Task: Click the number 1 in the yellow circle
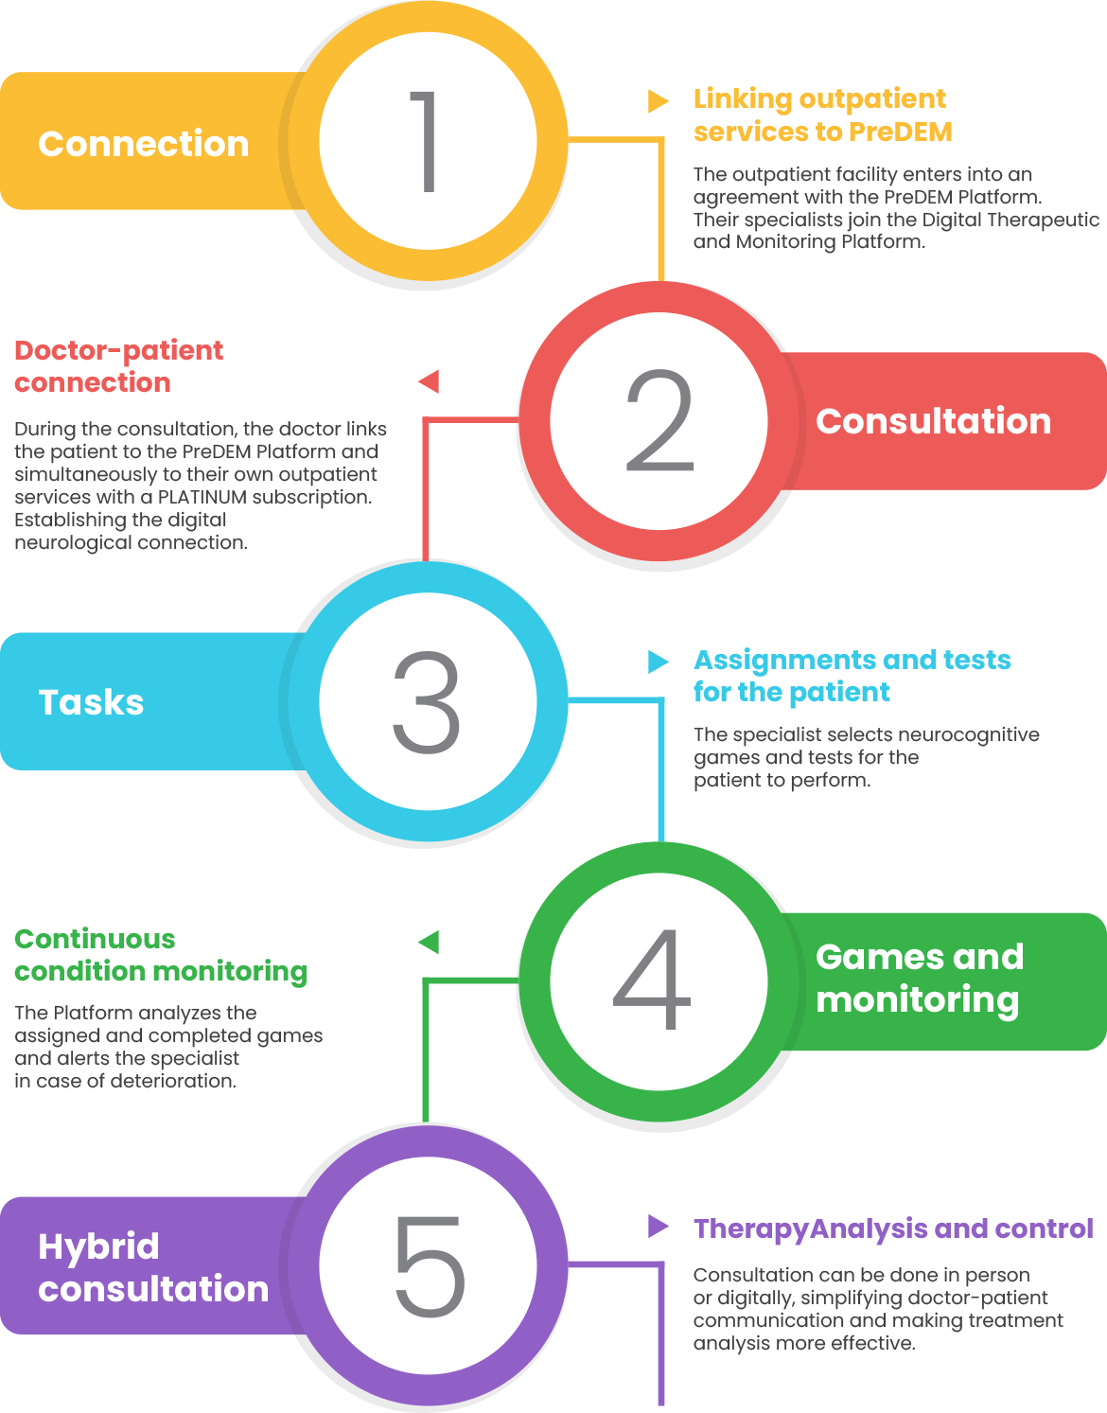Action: (427, 142)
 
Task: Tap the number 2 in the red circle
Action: (659, 421)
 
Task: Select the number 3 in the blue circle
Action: (427, 701)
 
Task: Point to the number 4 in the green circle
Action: (653, 980)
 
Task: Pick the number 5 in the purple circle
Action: (430, 1266)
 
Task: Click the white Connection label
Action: (143, 144)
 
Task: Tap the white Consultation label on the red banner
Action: (933, 421)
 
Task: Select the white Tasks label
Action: (91, 702)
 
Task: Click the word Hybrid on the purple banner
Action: (98, 1246)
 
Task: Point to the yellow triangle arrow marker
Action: (658, 100)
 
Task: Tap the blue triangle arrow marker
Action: (658, 661)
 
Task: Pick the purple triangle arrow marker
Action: (658, 1227)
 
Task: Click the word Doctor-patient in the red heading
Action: (118, 350)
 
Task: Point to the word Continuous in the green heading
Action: (95, 939)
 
